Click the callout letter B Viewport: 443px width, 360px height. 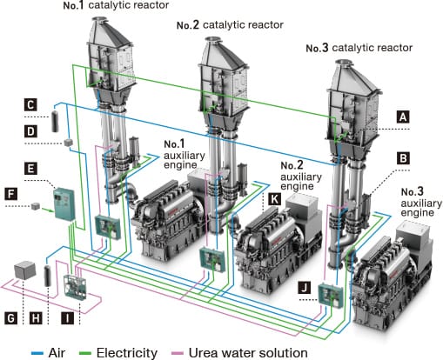coord(403,158)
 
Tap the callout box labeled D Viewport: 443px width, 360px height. coord(30,131)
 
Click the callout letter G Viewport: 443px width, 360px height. coord(10,319)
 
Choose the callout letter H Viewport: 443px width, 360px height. coord(35,319)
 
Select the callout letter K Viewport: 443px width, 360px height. coord(274,199)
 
